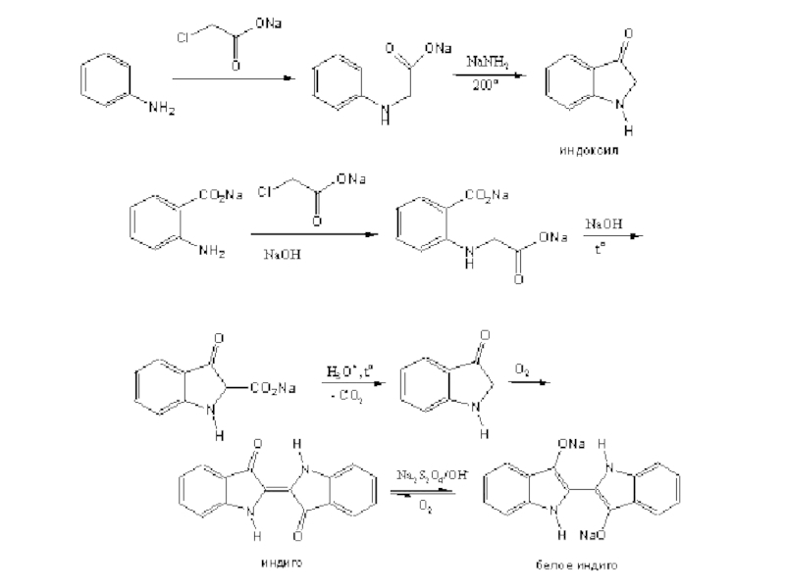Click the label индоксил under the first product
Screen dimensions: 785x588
point(589,153)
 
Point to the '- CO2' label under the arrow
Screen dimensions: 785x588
point(347,396)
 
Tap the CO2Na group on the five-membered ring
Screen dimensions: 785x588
point(275,389)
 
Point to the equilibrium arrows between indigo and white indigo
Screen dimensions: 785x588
point(424,492)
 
